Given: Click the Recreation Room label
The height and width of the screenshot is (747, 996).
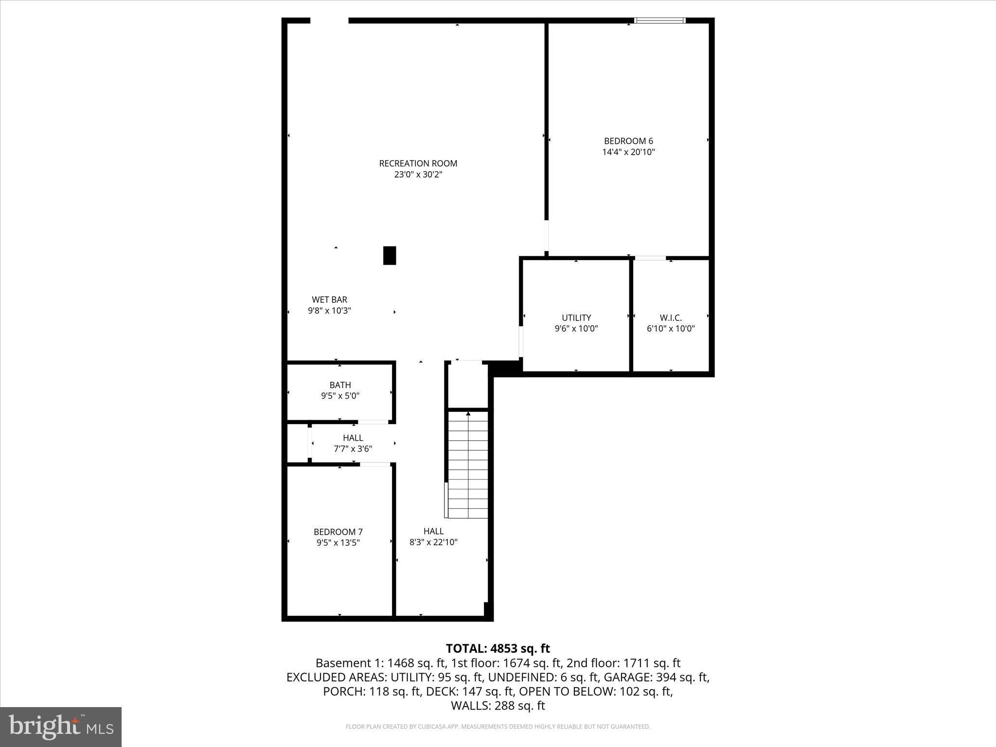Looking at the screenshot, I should [418, 163].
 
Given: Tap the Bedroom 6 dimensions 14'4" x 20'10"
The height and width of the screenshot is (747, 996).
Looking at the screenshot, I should [628, 152].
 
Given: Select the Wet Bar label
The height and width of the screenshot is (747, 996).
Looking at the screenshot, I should [329, 300].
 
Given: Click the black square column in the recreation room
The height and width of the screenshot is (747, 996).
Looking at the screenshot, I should [390, 255].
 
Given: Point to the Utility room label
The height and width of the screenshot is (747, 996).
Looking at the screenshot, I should [576, 318].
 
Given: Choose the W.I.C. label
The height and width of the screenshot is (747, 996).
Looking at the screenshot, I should [671, 318].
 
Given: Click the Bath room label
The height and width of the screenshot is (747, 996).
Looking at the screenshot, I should [340, 385].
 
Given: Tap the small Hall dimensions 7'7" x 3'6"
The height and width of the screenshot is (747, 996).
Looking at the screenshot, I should [353, 449].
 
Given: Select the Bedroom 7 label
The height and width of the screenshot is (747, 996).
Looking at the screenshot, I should [338, 532].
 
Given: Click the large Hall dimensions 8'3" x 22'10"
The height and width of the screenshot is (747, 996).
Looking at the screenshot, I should [433, 542].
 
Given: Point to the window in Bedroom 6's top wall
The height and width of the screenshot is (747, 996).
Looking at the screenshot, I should [660, 20].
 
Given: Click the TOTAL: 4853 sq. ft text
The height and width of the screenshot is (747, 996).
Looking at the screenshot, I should [498, 649].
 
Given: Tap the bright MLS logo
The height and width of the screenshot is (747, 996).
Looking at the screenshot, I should [61, 727].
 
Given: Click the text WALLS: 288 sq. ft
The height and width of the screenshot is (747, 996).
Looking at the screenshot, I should [498, 706].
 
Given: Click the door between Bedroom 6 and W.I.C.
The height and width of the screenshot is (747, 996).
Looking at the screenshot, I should [650, 258].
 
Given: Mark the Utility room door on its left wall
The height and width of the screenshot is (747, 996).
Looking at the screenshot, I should [521, 341].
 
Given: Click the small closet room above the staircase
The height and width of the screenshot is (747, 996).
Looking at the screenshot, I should [467, 385].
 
